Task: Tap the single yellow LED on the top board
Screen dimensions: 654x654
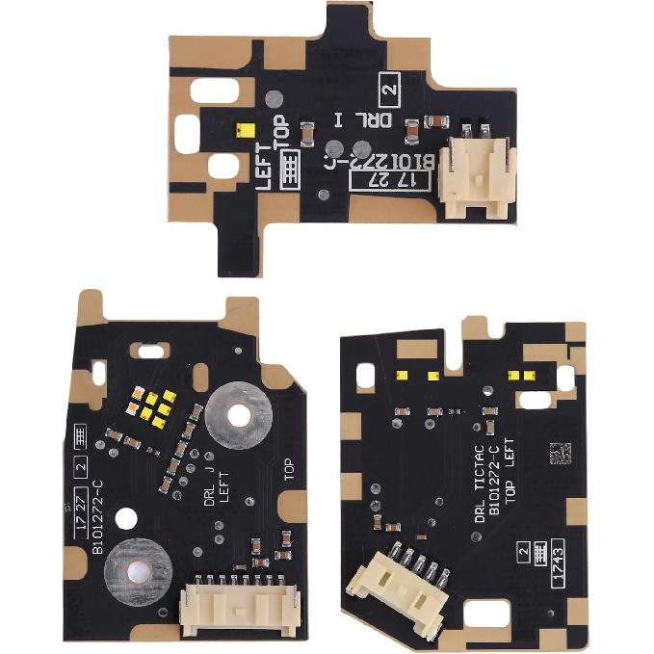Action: tap(246, 128)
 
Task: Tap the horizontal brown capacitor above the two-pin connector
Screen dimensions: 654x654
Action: tap(436, 119)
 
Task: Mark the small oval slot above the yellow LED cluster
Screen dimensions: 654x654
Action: tap(149, 350)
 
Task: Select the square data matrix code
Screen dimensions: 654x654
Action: tap(560, 453)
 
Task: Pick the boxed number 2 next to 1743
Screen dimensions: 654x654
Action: tap(525, 552)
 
